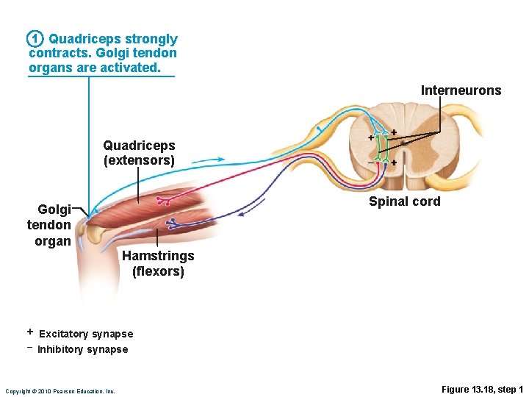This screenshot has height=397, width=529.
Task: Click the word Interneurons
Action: pos(461,90)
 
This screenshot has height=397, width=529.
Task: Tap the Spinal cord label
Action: pos(404,201)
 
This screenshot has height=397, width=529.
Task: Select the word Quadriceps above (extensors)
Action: pos(139,146)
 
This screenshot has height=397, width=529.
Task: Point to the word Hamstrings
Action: pos(158,256)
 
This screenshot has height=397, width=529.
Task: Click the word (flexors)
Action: pos(158,271)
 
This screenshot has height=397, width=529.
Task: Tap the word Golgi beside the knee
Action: pos(54,210)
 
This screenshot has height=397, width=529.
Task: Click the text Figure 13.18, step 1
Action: pos(482,389)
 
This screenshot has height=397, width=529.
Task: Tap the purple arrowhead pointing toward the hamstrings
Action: pos(245,211)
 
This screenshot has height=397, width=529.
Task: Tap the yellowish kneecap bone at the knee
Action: pos(95,234)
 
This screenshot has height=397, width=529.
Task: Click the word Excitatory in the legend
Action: pos(64,334)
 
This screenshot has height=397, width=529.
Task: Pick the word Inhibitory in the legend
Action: pos(61,349)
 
